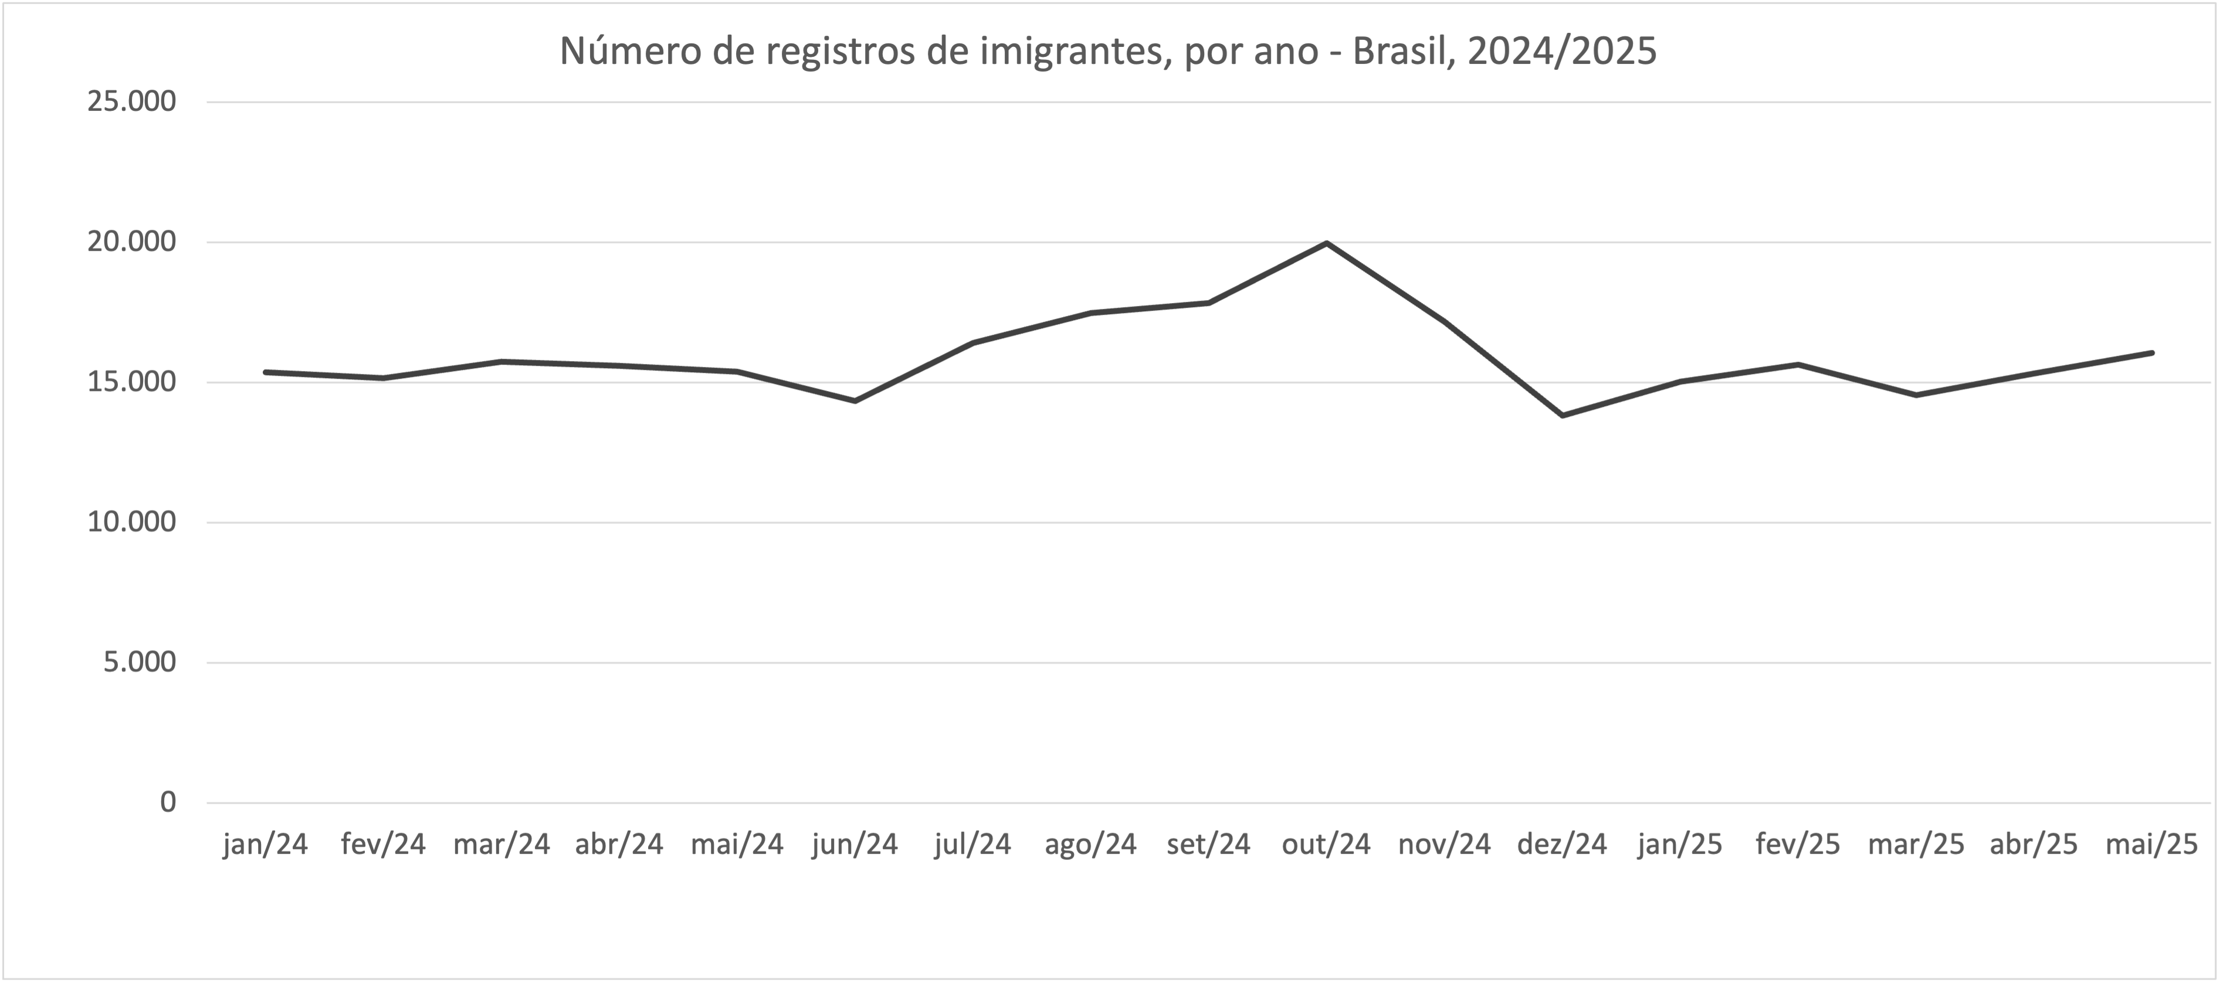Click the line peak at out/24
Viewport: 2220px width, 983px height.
click(1326, 243)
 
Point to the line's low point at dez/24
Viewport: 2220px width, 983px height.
click(1563, 415)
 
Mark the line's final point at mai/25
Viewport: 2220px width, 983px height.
click(2152, 352)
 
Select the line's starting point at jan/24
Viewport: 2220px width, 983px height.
click(266, 372)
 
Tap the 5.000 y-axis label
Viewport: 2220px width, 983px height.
click(140, 662)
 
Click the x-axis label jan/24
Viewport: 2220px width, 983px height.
click(266, 844)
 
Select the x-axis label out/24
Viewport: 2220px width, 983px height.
click(1326, 844)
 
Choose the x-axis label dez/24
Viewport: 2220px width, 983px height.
click(1563, 844)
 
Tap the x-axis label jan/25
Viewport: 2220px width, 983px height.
click(1680, 844)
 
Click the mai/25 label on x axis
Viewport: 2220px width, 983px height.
click(2152, 844)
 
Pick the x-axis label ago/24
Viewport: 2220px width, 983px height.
click(1090, 844)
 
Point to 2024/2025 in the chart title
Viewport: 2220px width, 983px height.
click(1561, 52)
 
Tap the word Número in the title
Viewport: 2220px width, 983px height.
click(630, 52)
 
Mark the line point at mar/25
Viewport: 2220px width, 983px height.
click(1916, 394)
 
